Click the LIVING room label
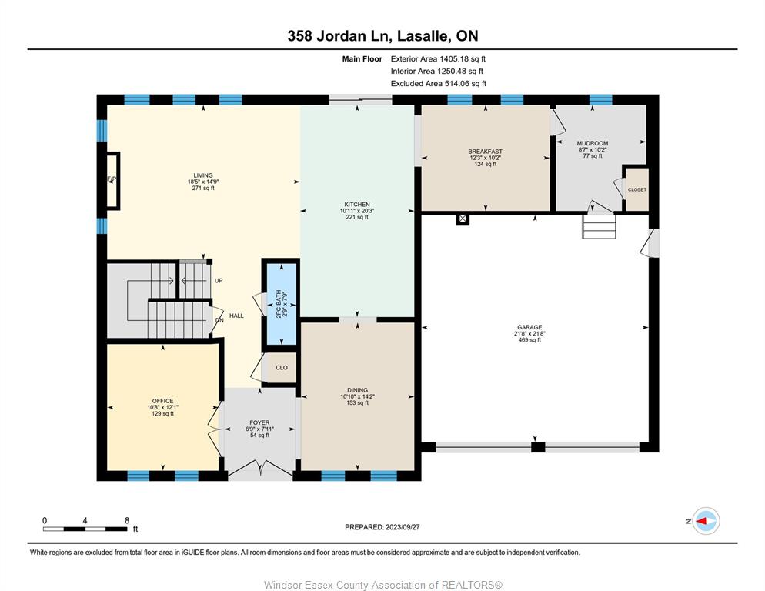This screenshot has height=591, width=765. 203,175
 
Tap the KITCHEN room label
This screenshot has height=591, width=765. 357,205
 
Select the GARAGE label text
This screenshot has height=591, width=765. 529,328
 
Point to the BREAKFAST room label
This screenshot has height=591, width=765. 486,152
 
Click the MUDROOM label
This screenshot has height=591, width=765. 593,143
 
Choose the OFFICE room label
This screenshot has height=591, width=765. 162,401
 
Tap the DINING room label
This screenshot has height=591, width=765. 358,390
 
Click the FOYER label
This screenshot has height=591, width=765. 259,423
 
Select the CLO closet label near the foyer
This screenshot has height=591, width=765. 282,368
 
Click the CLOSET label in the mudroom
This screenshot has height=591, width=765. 637,189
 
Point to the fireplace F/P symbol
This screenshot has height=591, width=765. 112,179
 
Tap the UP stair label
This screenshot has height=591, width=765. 219,281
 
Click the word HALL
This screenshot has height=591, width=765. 236,316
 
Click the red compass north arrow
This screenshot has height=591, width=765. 702,521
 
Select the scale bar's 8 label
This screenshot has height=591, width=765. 127,520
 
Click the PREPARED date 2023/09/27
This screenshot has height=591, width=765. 403,527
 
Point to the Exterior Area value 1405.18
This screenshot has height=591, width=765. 454,59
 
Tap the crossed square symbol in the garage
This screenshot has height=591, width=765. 463,219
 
